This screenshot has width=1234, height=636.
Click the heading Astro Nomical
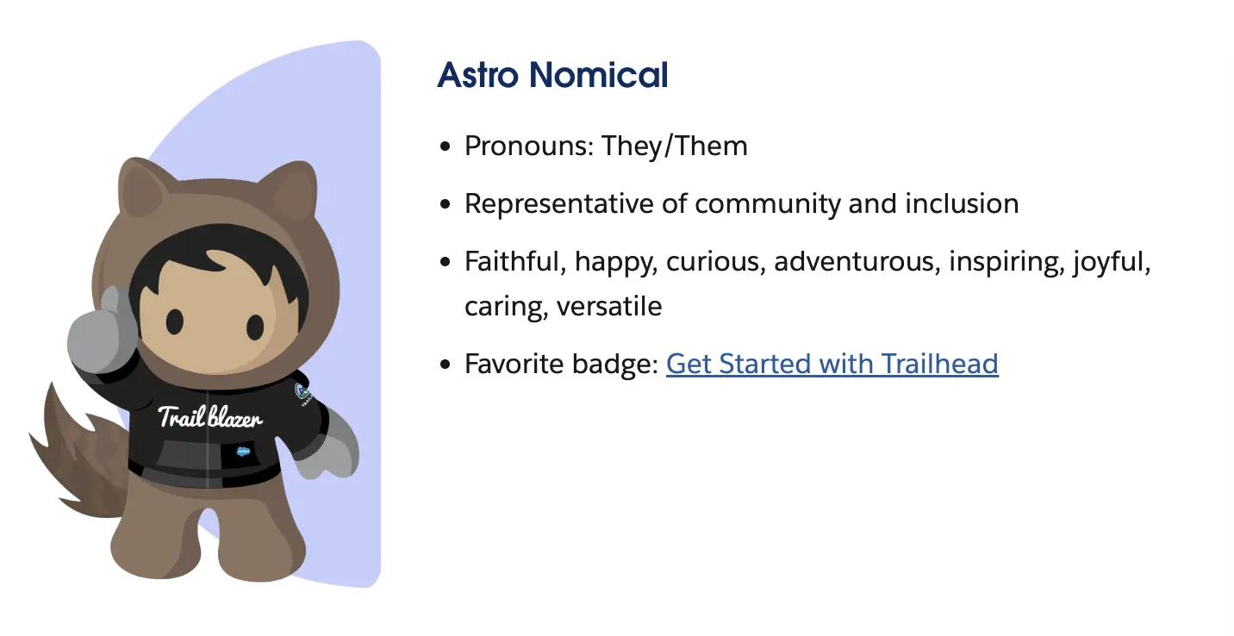coord(552,75)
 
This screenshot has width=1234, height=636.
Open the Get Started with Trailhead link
coord(832,364)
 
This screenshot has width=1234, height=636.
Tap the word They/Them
coord(674,146)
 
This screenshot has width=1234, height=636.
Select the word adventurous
coord(857,261)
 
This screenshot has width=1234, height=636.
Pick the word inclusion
coord(962,204)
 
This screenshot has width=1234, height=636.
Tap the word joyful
coord(1112,262)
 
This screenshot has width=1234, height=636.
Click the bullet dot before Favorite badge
coord(446,365)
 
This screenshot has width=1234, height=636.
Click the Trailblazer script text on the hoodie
coord(210,417)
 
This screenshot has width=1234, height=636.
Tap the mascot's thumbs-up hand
coord(103,331)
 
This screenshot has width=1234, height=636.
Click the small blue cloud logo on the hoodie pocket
coord(243,452)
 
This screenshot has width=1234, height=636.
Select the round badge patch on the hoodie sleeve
coord(302,392)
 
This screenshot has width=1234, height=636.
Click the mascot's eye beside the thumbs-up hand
coord(175,321)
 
